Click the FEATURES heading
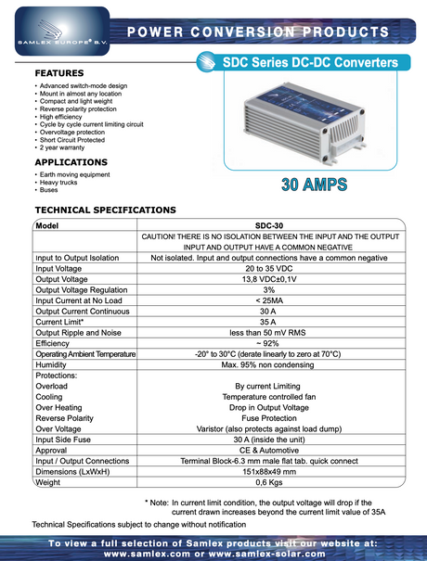tap(59, 72)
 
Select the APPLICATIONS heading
tap(71, 162)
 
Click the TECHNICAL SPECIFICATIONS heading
tap(105, 210)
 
